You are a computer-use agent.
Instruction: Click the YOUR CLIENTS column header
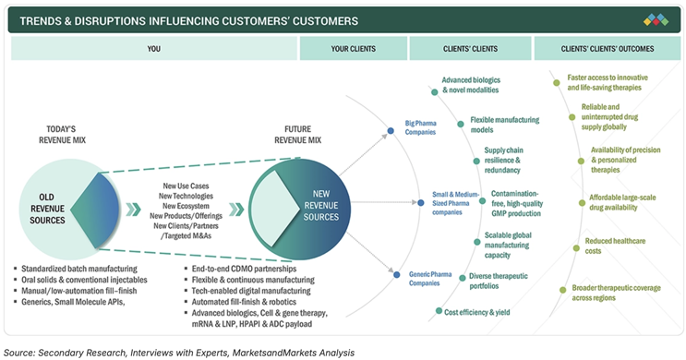(x=353, y=49)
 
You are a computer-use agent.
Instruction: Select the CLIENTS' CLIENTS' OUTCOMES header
(x=608, y=49)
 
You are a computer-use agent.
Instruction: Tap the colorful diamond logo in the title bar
(x=656, y=19)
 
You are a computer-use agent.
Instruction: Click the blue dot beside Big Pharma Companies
(x=391, y=131)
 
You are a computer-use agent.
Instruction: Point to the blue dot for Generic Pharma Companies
(x=396, y=275)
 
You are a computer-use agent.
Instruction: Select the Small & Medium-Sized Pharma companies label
(x=455, y=203)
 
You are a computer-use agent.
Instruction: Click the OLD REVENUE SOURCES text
(x=47, y=209)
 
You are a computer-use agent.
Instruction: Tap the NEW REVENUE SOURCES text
(x=321, y=205)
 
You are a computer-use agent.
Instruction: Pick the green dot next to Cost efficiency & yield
(x=439, y=311)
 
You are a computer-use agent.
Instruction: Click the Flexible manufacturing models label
(x=504, y=125)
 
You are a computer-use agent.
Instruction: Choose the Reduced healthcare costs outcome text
(x=615, y=246)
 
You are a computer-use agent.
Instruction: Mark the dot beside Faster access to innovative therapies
(x=557, y=83)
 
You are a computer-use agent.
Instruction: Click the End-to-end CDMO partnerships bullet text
(x=244, y=269)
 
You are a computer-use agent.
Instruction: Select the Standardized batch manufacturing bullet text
(x=79, y=269)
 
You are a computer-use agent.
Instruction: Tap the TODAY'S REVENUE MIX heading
(x=62, y=135)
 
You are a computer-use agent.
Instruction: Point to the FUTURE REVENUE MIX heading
(x=297, y=135)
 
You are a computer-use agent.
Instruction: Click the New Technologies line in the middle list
(x=186, y=196)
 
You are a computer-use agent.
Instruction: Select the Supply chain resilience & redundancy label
(x=503, y=160)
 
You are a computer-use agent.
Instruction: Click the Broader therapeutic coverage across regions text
(x=616, y=293)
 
